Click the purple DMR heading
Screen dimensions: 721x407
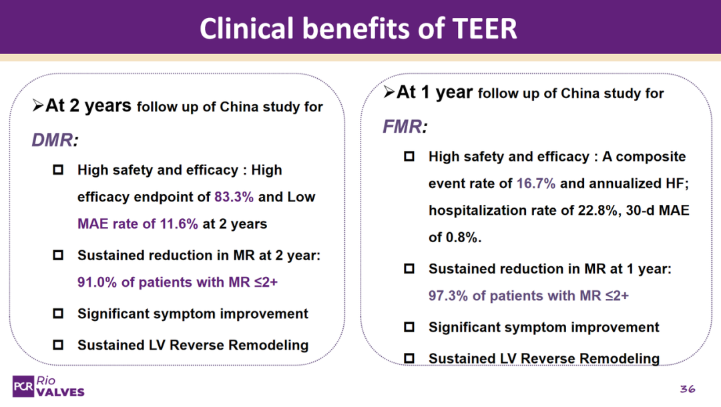pos(55,140)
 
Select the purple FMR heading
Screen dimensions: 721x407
pos(405,126)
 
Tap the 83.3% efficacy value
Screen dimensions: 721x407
pos(234,197)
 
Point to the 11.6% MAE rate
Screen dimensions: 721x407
pos(179,224)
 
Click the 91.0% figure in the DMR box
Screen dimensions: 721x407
pos(97,282)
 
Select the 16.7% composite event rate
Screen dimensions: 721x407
pos(535,183)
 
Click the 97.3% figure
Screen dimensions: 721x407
pos(448,296)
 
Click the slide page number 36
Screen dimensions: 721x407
pos(688,389)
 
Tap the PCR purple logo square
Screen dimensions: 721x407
pos(23,386)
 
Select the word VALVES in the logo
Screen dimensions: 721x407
pos(60,392)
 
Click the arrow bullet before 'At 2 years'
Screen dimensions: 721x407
pos(37,106)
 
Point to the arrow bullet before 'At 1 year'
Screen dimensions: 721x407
pos(389,92)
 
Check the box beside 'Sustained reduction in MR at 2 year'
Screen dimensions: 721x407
pos(58,255)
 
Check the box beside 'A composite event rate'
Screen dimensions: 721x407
pos(409,157)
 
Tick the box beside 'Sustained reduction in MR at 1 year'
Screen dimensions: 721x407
pos(409,269)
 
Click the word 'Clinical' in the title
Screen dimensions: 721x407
pos(246,29)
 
